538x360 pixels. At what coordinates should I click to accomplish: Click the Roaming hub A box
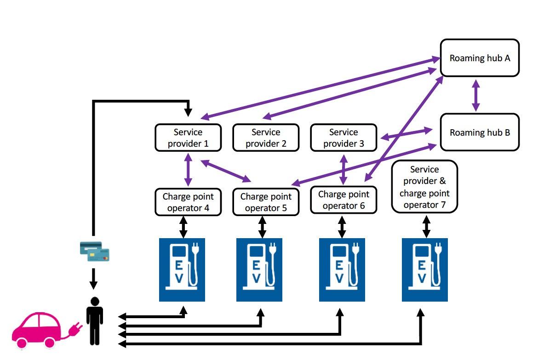tap(480, 58)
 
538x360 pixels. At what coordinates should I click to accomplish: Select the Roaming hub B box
tap(480, 132)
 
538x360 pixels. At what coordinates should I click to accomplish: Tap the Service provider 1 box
tap(188, 137)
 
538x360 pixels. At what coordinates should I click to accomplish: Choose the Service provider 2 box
tap(266, 137)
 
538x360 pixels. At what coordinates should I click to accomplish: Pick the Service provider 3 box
tap(343, 137)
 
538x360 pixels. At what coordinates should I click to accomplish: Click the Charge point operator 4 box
tap(188, 202)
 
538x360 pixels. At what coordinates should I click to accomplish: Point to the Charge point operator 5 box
tap(266, 202)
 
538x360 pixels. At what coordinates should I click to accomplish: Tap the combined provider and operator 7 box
tap(424, 187)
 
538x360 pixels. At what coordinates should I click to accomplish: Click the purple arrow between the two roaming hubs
tap(476, 95)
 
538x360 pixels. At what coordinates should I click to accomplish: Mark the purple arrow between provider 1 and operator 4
tap(188, 169)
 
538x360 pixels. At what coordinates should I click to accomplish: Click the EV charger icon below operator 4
tap(182, 269)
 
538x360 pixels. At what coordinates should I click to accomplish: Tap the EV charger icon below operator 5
tap(259, 269)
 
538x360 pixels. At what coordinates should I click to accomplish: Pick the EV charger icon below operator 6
tap(342, 269)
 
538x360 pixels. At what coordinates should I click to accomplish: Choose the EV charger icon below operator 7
tap(424, 269)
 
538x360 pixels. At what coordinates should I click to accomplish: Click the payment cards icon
tap(94, 251)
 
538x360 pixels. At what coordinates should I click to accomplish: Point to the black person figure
tap(95, 321)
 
